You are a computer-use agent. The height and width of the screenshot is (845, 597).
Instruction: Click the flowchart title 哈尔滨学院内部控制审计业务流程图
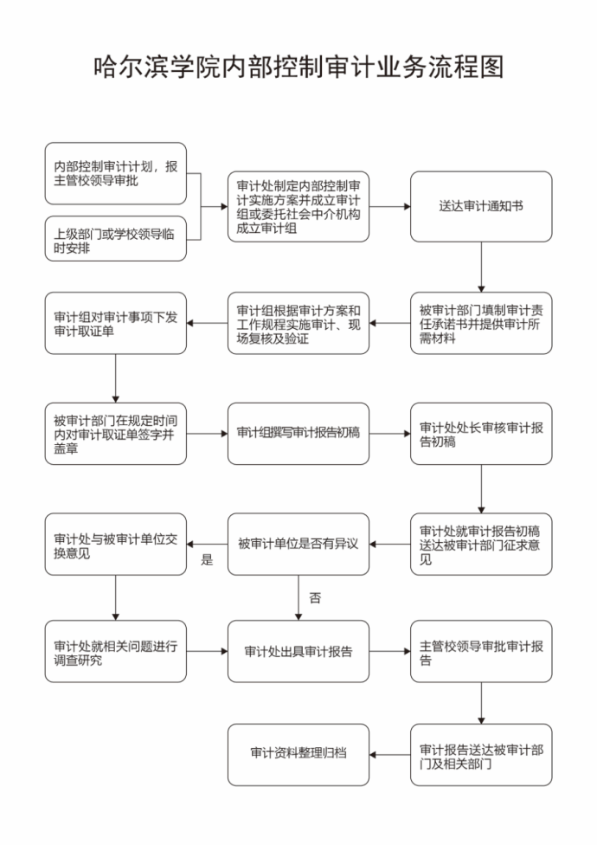[298, 68]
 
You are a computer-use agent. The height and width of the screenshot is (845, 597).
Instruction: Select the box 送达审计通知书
[481, 206]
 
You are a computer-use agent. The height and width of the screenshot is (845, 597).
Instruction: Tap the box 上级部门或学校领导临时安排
[115, 239]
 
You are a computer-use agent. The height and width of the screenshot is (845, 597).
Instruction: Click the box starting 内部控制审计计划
[115, 173]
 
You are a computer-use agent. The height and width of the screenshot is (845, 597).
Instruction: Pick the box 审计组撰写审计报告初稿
[298, 433]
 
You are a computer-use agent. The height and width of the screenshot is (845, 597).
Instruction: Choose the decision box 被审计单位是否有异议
[298, 544]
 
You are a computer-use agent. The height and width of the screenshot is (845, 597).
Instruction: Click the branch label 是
[208, 559]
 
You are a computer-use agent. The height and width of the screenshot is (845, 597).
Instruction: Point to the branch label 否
[315, 597]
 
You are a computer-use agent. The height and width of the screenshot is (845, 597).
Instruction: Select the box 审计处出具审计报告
[298, 652]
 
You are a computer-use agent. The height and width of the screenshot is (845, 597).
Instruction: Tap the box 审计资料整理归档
[298, 754]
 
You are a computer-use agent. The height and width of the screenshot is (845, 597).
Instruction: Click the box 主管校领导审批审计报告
[481, 652]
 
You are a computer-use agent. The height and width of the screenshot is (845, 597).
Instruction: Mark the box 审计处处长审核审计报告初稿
[481, 433]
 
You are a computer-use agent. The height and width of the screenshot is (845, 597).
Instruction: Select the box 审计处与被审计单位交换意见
[115, 544]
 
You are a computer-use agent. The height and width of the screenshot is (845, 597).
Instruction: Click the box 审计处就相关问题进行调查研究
[115, 652]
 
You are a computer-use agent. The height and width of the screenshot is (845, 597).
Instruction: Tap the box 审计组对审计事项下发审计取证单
[115, 323]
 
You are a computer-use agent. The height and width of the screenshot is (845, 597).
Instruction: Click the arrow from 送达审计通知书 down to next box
[481, 268]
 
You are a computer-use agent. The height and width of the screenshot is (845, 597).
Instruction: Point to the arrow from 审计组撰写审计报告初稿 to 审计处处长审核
[389, 433]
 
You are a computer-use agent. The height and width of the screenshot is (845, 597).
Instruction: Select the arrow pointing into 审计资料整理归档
[389, 754]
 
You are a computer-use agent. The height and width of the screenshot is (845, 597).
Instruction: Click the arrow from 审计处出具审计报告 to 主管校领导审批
[389, 652]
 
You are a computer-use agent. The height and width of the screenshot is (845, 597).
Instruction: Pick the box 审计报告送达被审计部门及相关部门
[481, 754]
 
